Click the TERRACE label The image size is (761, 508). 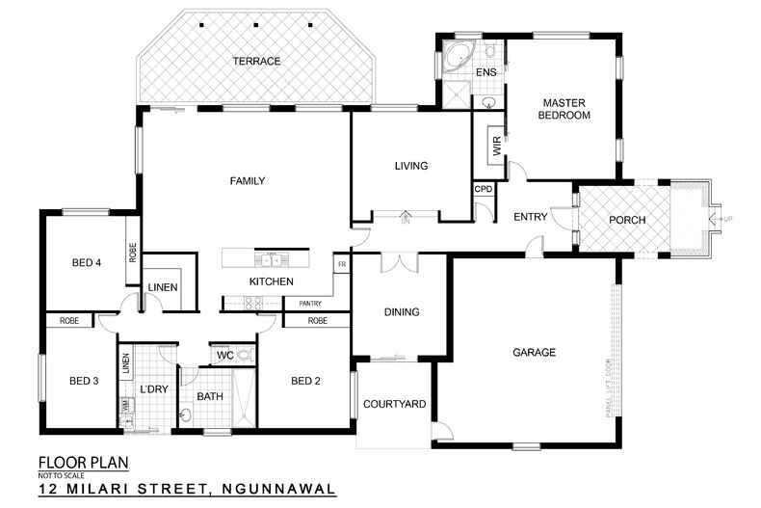pyautogui.click(x=256, y=62)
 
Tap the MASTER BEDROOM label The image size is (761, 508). pyautogui.click(x=564, y=108)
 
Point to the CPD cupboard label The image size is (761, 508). pyautogui.click(x=483, y=189)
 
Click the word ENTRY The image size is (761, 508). pyautogui.click(x=530, y=217)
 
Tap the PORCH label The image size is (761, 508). pyautogui.click(x=628, y=220)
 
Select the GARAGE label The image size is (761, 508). pyautogui.click(x=534, y=353)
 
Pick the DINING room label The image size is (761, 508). pyautogui.click(x=401, y=312)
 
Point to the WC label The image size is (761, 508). pyautogui.click(x=224, y=356)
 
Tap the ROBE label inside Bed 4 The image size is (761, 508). pyautogui.click(x=132, y=253)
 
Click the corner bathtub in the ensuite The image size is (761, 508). pyautogui.click(x=455, y=56)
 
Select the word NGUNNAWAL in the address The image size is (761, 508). pyautogui.click(x=277, y=489)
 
